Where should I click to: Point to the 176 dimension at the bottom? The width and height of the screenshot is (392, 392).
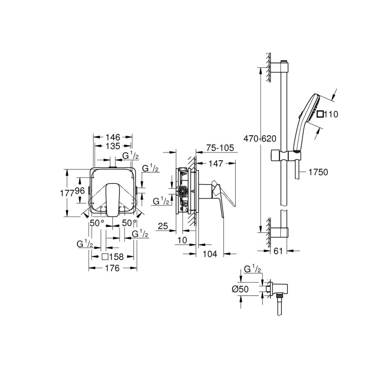(113, 268)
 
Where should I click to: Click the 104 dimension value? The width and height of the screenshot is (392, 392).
(209, 254)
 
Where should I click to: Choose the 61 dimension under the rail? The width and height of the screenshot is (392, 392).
(278, 251)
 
